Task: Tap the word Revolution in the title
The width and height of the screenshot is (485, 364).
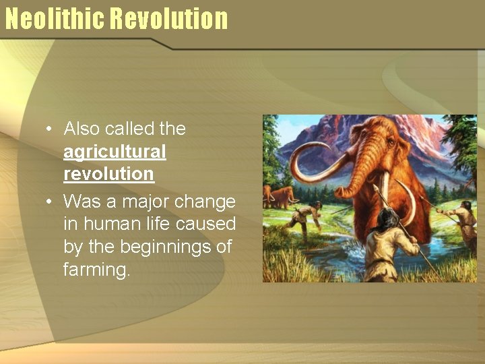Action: coord(169,18)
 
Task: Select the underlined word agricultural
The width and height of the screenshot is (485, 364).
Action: coord(115,152)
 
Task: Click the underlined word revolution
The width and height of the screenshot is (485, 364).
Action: coord(108,174)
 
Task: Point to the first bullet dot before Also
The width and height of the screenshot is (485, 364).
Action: coord(49,129)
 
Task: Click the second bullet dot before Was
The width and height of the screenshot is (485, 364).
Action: coord(49,202)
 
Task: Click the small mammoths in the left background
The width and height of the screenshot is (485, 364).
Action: coord(280,195)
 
